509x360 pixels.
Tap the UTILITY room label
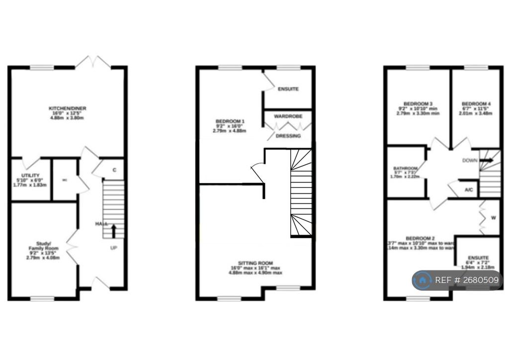[x=30, y=176]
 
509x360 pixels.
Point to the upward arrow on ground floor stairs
[x=113, y=231]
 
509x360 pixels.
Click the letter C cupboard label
[x=114, y=170]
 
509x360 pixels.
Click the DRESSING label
[x=288, y=136]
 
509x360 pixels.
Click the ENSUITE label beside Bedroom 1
[x=288, y=89]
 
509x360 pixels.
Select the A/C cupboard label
[x=468, y=190]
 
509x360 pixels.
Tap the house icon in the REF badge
[x=423, y=280]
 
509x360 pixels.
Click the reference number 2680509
[x=481, y=280]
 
